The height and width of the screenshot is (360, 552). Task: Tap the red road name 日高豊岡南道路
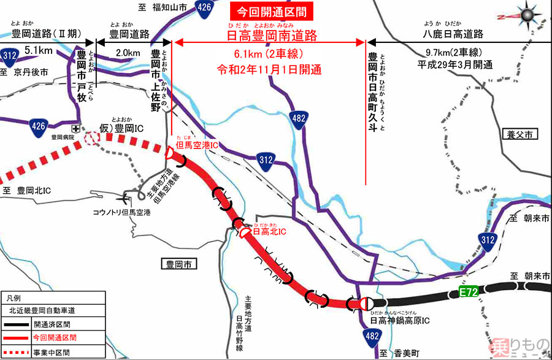coord(271,36)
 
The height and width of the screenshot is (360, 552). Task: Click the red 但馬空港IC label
coord(197,145)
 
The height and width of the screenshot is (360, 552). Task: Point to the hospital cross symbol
coord(75,129)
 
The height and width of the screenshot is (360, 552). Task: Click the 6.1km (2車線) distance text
coord(270,53)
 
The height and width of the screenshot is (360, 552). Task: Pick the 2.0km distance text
coord(126,53)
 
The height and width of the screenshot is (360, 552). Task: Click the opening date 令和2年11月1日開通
coord(270,69)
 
